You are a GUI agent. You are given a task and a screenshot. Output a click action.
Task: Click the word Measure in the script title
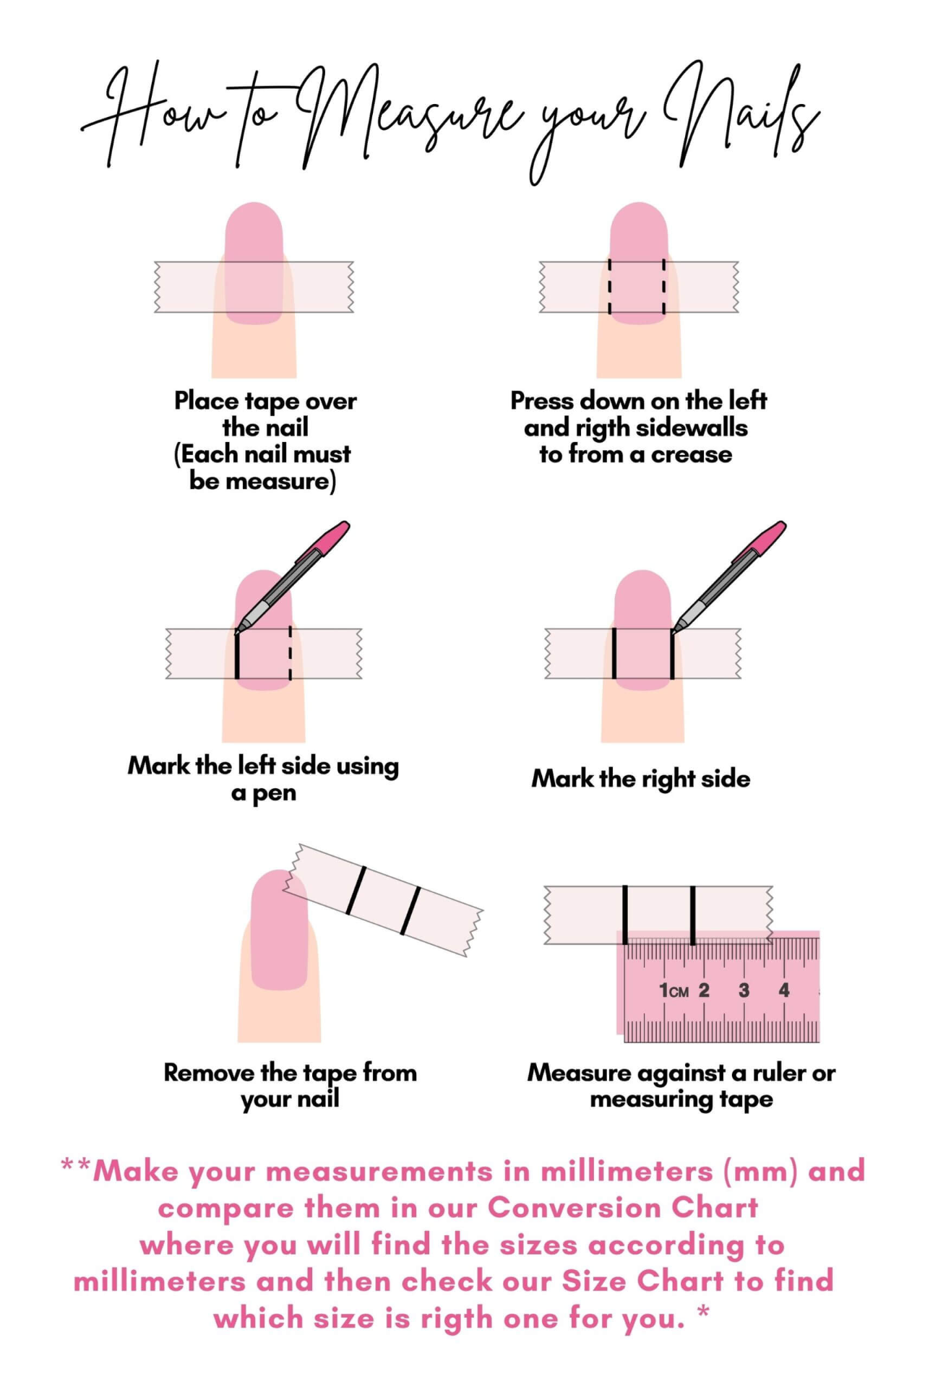point(412,116)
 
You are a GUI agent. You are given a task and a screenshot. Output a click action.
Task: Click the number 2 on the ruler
point(704,990)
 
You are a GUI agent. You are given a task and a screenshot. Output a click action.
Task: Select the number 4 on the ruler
point(784,990)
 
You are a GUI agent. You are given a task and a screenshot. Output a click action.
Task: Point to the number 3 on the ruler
point(744,990)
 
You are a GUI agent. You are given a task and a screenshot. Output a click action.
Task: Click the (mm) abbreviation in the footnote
point(760,1171)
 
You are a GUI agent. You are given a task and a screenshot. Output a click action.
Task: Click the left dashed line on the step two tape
point(609,287)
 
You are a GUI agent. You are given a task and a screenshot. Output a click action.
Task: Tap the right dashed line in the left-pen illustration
point(291,653)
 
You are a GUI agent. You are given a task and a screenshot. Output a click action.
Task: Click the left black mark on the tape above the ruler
point(625,915)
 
